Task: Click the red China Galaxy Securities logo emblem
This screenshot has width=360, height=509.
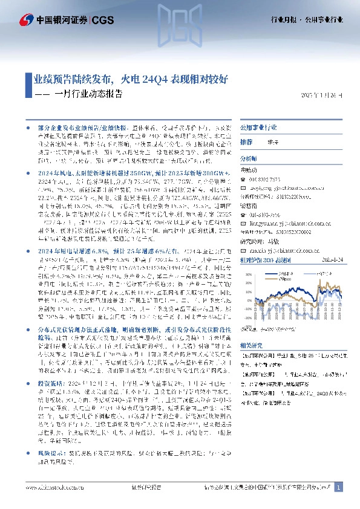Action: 26,20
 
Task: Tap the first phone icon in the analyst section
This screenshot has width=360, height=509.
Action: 243,180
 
